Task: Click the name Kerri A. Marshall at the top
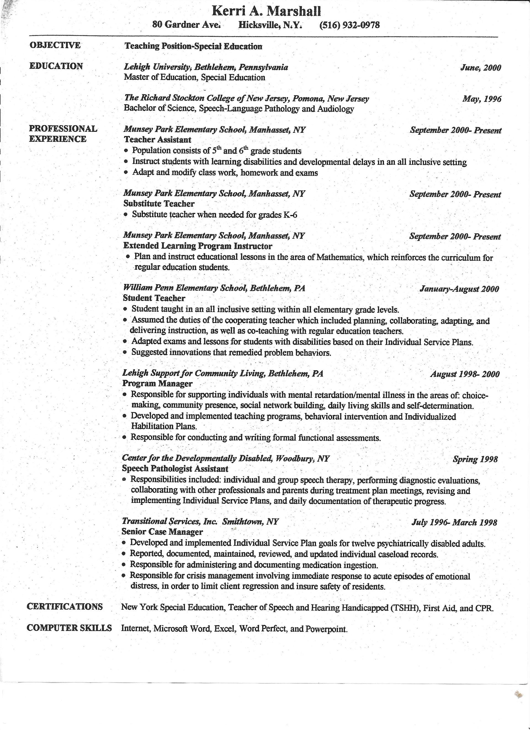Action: tap(266, 12)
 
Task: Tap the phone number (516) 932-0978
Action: tap(349, 25)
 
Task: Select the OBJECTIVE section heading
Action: tap(55, 45)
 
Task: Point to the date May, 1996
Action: tap(482, 99)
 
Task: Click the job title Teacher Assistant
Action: tap(157, 140)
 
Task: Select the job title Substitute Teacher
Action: tap(159, 204)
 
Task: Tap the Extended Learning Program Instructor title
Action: tap(198, 246)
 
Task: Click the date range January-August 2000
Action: tap(459, 289)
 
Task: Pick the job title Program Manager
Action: tap(157, 384)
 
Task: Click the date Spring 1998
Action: tap(475, 459)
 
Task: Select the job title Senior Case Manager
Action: tap(162, 532)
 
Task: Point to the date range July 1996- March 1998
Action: tap(454, 522)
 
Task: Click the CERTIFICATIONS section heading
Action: tap(65, 606)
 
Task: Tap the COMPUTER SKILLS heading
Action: tap(69, 628)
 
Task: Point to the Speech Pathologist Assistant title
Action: tap(175, 469)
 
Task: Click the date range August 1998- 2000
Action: tap(465, 374)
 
